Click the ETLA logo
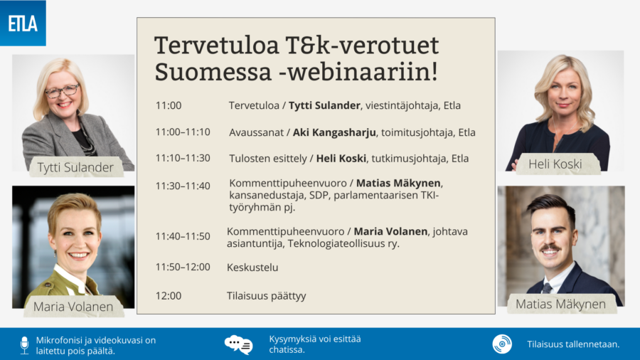[x=23, y=23]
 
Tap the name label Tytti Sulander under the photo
[x=75, y=167]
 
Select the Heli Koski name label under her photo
[x=555, y=164]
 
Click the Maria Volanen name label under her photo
[x=73, y=307]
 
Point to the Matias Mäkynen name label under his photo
[x=560, y=304]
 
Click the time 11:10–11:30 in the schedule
[x=183, y=158]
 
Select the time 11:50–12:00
[x=183, y=267]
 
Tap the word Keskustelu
[x=252, y=268]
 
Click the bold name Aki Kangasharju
[x=334, y=132]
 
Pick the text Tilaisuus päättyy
[x=267, y=296]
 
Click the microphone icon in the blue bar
[x=24, y=345]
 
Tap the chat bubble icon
[x=239, y=345]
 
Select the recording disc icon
[x=502, y=344]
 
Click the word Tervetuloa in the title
[x=217, y=46]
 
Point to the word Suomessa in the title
[x=213, y=72]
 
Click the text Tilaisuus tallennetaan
[x=573, y=344]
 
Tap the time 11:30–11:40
[x=183, y=186]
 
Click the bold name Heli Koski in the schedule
[x=341, y=159]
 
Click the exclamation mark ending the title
[x=434, y=70]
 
